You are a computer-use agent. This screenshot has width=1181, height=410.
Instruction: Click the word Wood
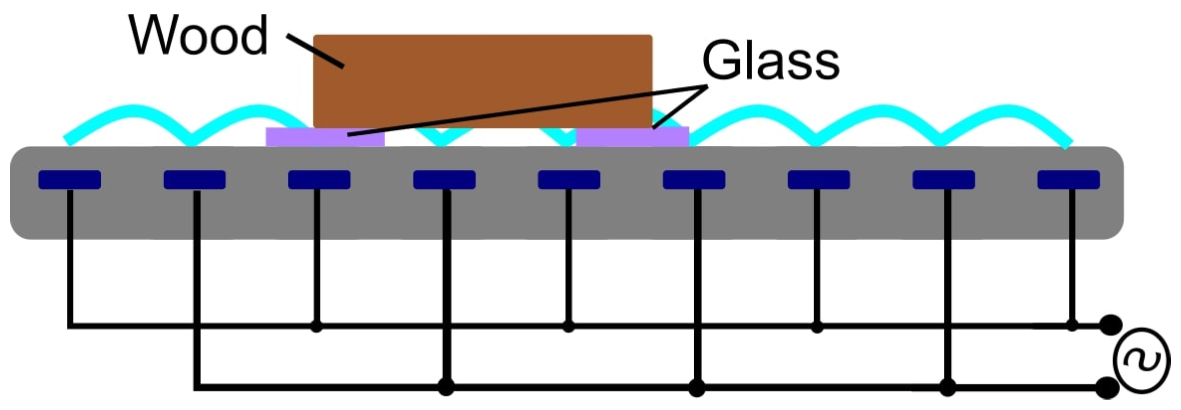pos(198,36)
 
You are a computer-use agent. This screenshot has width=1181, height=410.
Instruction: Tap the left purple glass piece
pos(325,137)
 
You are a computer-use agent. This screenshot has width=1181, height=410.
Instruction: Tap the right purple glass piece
pos(633,137)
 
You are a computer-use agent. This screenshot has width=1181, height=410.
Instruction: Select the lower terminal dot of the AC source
pos(1108,388)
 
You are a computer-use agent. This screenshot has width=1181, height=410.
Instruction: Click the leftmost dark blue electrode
pos(69,179)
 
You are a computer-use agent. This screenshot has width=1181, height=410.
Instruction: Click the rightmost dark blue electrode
pos(1068,179)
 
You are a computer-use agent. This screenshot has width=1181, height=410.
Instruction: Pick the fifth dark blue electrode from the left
pos(569,179)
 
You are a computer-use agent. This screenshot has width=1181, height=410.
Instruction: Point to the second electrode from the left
pos(195,179)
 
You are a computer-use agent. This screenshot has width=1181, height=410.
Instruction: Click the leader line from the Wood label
pos(316,51)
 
